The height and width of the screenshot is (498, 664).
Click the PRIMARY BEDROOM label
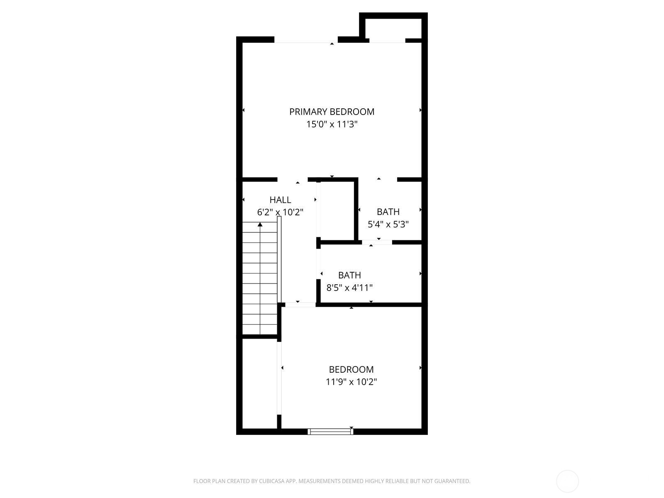point(332,112)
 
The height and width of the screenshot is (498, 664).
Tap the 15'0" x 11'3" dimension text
point(332,124)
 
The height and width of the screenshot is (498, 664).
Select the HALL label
point(280,200)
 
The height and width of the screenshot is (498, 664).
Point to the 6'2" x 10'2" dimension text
point(280,212)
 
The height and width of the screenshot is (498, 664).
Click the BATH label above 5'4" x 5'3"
point(388,212)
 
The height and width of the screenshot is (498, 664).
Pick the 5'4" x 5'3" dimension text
point(388,225)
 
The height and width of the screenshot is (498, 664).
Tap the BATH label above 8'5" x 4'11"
point(349,275)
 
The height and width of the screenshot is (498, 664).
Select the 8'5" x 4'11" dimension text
point(349,288)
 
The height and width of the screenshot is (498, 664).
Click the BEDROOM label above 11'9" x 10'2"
point(351,369)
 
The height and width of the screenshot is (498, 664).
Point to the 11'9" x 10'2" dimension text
point(351,382)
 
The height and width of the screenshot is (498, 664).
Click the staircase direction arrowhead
point(260,225)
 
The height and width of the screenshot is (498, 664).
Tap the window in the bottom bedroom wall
point(331,432)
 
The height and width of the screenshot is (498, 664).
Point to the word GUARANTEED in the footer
point(453,481)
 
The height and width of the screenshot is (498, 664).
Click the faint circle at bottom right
point(567,481)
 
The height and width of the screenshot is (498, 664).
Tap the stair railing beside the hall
point(279,259)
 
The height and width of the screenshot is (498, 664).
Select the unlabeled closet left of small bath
point(336,210)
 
